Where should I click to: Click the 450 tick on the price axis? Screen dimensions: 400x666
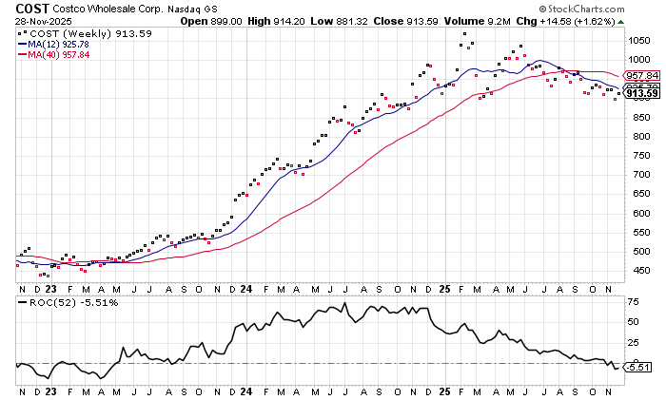(x=636, y=271)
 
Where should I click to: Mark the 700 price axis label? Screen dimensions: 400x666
(x=636, y=175)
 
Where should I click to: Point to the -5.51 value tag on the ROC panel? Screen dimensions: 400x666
(x=639, y=367)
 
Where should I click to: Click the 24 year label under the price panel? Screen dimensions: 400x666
(x=246, y=288)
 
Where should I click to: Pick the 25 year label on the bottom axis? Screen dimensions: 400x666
(x=445, y=288)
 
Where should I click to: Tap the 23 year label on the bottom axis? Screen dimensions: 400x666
(x=49, y=288)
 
